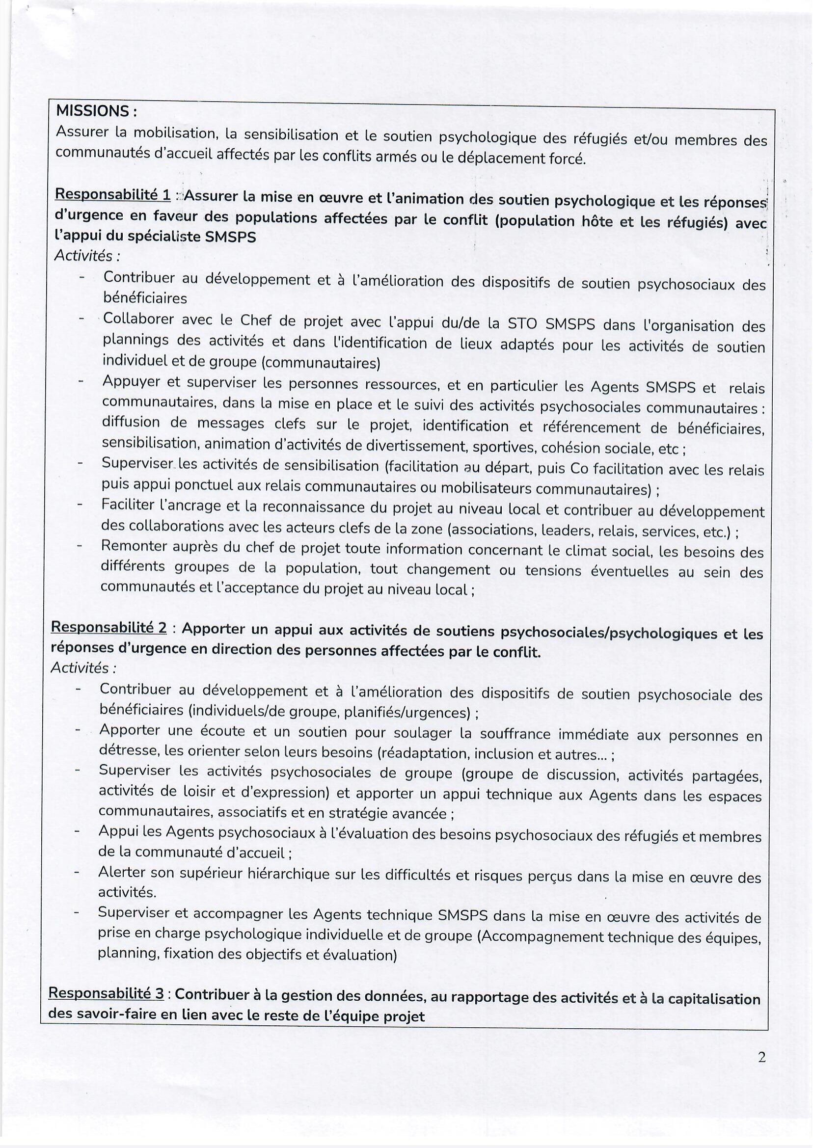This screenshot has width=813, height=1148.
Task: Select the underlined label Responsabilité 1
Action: coord(112,195)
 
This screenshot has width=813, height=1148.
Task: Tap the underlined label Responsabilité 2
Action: coord(109,627)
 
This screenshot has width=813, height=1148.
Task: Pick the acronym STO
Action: coord(523,324)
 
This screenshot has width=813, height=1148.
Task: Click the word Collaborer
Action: coord(138,320)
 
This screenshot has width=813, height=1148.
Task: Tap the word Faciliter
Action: coord(130,505)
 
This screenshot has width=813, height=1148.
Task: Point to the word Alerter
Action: coord(122,872)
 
